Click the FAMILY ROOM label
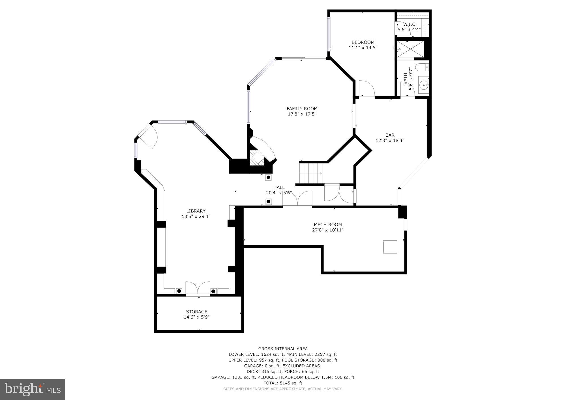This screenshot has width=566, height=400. pos(302,109)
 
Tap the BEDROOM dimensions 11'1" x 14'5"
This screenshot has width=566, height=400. pos(363,48)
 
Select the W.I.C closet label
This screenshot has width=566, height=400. pos(409,24)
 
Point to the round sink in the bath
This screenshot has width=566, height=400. pos(424,84)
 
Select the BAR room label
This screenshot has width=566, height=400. pos(390,135)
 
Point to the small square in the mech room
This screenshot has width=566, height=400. pos(390,247)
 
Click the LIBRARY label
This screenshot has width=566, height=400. pos(196,211)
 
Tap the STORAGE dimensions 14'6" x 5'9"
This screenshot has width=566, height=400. pos(197,317)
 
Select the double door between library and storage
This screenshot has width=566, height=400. pos(198,289)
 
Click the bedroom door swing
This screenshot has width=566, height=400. pos(366,89)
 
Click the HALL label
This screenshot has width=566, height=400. pos(279,187)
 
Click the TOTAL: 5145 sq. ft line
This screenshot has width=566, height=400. pos(283,383)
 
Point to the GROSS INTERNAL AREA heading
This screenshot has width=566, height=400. pos(283,349)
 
